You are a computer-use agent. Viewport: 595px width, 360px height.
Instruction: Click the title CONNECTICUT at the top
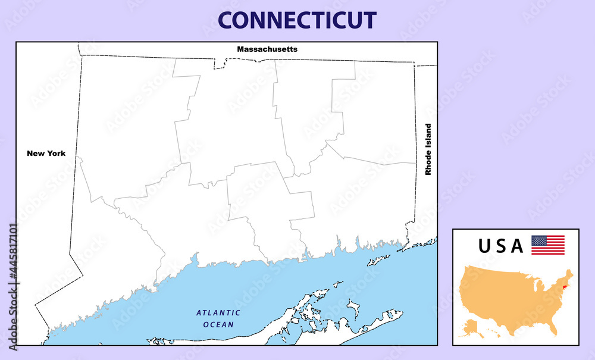click(x=297, y=20)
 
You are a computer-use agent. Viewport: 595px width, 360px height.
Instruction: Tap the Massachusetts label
click(x=267, y=49)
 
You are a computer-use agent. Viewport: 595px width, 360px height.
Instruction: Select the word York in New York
click(x=55, y=154)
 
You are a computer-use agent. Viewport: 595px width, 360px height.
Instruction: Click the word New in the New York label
click(x=35, y=154)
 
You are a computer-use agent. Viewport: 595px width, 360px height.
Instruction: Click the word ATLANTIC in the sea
click(x=218, y=312)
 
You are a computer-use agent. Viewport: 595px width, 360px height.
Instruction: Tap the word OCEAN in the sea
click(x=218, y=324)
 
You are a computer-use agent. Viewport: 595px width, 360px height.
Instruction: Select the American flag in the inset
click(x=547, y=245)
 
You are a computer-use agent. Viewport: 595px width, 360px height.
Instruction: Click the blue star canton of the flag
click(x=538, y=240)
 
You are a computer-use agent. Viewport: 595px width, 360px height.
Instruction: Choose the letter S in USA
click(x=502, y=246)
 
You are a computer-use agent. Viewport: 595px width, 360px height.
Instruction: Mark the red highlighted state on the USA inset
click(x=564, y=287)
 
